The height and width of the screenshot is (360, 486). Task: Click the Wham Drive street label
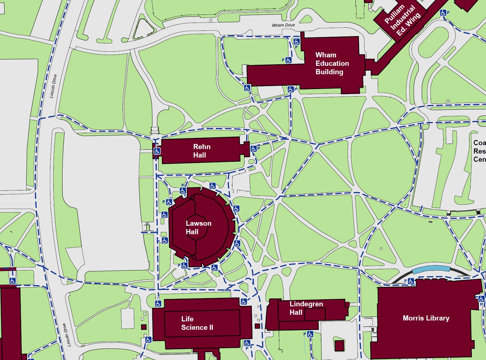283,25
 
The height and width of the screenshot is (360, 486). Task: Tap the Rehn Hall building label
201,151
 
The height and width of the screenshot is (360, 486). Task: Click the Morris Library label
426,318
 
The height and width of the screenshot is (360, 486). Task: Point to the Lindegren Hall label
306,308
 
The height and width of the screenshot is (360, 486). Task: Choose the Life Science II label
197,323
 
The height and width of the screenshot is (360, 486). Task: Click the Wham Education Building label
332,63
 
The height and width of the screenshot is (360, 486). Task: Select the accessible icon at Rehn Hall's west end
157,151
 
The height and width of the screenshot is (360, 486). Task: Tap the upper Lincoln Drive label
53,86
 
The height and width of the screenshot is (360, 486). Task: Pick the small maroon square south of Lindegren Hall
339,346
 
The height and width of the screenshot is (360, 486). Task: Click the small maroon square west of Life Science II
144,327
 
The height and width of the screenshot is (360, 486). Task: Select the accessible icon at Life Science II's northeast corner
244,301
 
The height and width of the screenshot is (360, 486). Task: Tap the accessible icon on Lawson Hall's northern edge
213,186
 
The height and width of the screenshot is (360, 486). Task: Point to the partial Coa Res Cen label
479,151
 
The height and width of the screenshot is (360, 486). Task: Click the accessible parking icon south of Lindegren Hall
310,334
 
